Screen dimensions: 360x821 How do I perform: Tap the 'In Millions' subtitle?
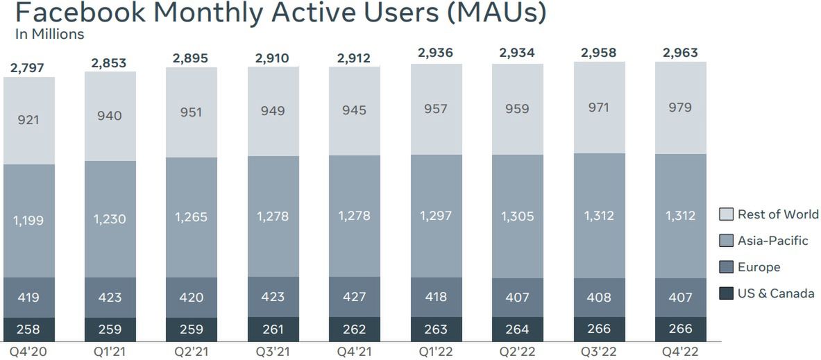(x=49, y=34)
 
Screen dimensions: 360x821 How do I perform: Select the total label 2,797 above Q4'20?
(x=28, y=68)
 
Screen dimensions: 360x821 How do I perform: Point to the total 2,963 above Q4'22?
(x=680, y=53)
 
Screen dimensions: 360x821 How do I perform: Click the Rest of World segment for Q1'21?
(x=110, y=116)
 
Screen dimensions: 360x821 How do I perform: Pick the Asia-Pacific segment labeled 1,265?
(x=192, y=218)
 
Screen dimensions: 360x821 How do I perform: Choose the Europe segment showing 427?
(x=355, y=297)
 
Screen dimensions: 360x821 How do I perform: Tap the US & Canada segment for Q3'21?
(x=273, y=329)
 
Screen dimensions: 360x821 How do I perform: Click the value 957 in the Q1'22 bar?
(x=436, y=109)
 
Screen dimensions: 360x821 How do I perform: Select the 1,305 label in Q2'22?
(x=517, y=216)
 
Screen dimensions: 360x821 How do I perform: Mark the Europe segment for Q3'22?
(x=599, y=297)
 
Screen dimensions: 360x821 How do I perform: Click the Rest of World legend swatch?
(x=726, y=214)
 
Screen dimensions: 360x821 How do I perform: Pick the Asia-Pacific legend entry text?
(x=773, y=241)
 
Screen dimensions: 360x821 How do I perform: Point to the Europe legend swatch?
(x=726, y=267)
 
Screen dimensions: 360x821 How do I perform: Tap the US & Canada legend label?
(x=776, y=293)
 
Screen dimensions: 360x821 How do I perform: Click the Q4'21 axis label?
(x=355, y=351)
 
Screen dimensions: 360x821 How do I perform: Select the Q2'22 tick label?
(x=517, y=351)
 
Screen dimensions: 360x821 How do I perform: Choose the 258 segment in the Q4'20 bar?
(x=28, y=329)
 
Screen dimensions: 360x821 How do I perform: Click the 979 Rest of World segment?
(x=680, y=108)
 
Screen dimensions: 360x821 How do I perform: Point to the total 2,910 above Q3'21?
(x=273, y=59)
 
